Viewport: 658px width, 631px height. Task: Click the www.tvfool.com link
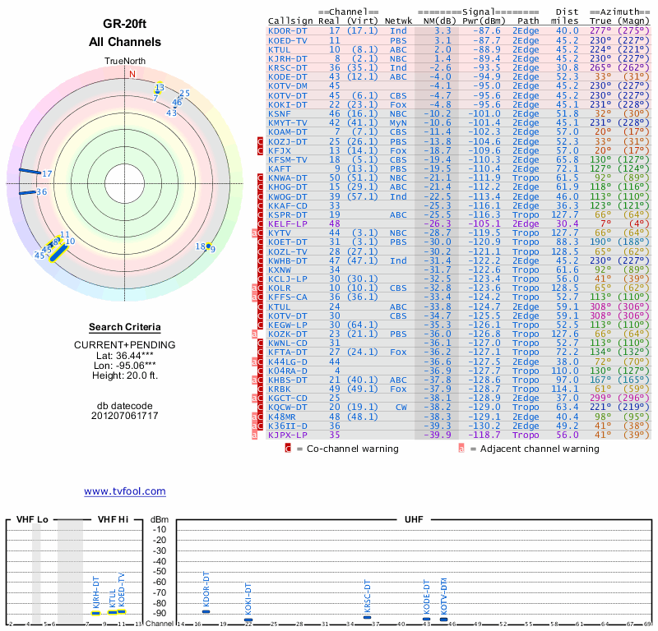[124, 491]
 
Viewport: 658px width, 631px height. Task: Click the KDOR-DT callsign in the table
[288, 30]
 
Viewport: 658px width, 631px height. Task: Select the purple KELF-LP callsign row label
[288, 223]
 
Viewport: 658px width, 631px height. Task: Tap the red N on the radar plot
[132, 73]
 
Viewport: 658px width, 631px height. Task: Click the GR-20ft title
[124, 24]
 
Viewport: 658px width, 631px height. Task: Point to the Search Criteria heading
[124, 327]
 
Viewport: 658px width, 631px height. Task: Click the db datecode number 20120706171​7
[124, 416]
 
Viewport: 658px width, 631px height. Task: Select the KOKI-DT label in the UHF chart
[248, 599]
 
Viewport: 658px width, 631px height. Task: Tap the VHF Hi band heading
[113, 520]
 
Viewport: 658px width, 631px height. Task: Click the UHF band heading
[415, 520]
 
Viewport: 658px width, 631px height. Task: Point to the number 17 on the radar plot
[48, 173]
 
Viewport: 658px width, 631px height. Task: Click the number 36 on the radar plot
[41, 191]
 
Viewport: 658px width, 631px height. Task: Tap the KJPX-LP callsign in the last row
[288, 435]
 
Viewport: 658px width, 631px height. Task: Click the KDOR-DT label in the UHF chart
[206, 591]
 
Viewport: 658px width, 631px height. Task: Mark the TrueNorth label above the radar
[124, 62]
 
